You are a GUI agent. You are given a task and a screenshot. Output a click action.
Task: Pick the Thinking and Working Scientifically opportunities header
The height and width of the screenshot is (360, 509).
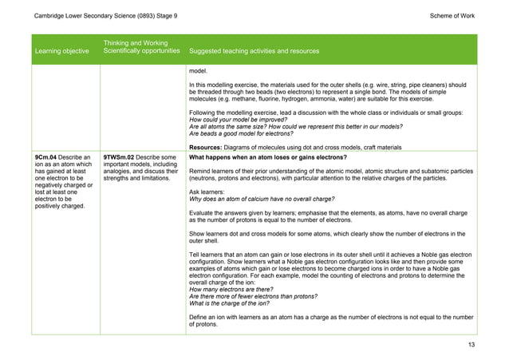(x=140, y=46)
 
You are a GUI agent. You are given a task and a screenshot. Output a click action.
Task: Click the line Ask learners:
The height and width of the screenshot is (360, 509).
(x=207, y=192)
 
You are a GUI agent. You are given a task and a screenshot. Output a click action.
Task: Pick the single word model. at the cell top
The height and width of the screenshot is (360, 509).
(x=197, y=70)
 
